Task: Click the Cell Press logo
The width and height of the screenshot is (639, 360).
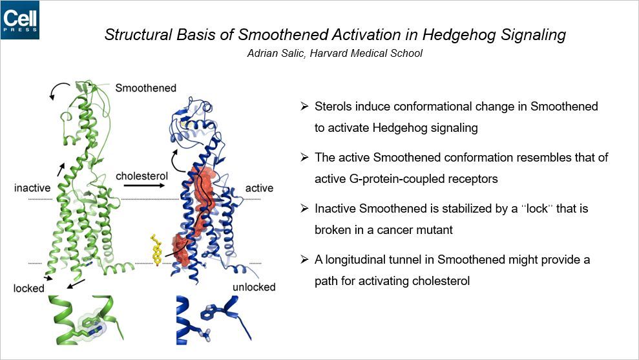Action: point(20,19)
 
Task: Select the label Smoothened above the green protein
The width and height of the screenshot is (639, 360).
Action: point(145,88)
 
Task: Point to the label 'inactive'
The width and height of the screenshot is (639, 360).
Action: point(32,188)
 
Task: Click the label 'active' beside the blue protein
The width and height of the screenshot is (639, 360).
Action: point(259,188)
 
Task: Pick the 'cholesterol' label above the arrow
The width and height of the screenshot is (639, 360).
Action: point(141,176)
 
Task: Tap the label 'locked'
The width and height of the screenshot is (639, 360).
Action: point(29,288)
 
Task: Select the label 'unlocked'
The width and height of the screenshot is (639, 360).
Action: point(253,287)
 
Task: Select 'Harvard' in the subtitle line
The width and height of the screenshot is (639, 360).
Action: point(330,53)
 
